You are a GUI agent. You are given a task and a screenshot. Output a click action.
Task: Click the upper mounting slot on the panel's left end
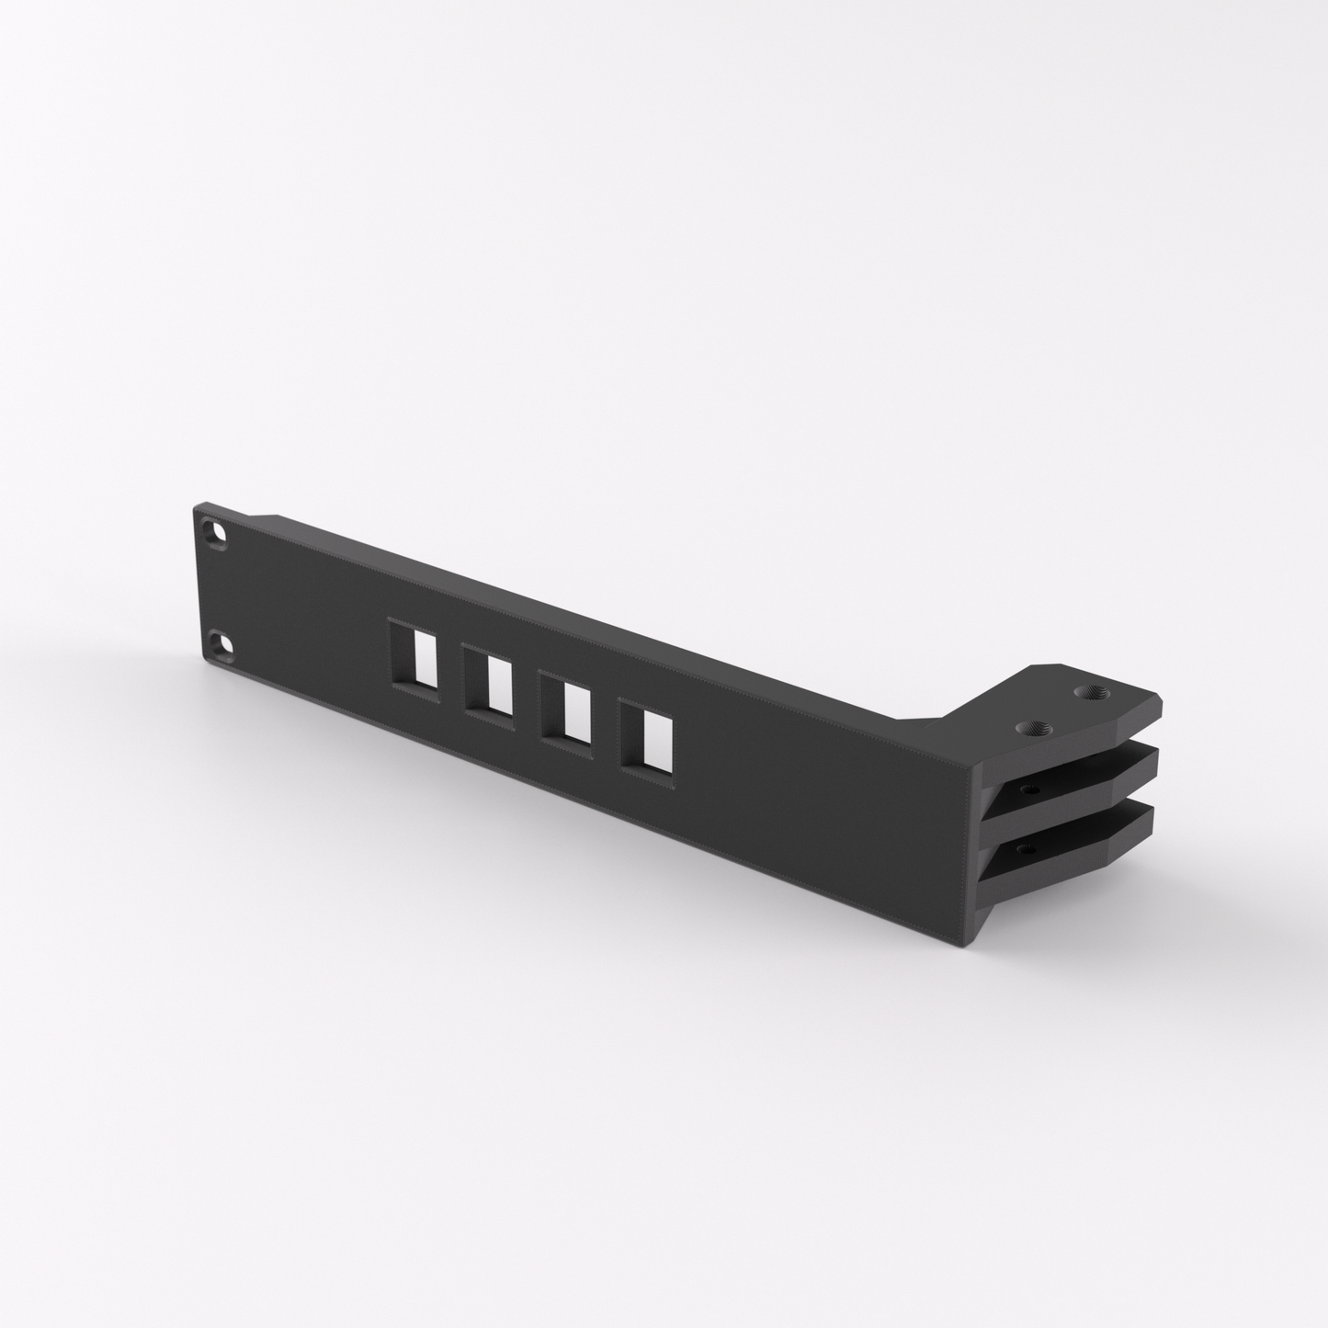coord(216,534)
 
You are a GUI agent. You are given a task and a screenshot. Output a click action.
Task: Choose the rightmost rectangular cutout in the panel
coord(646,736)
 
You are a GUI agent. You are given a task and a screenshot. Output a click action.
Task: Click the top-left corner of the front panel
coord(196,505)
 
